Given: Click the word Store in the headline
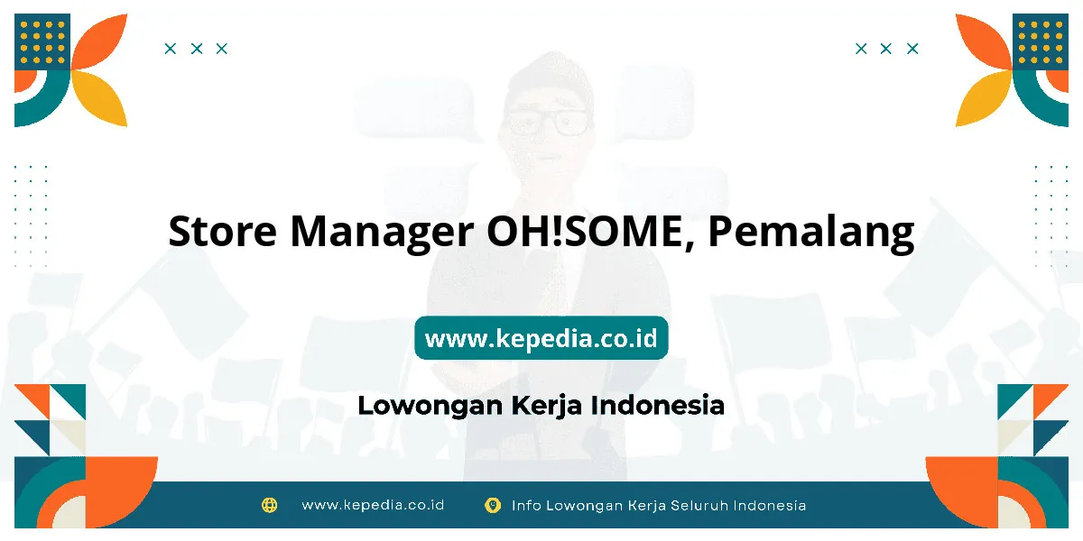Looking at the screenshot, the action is (x=222, y=231).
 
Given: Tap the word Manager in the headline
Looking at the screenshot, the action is (x=382, y=234).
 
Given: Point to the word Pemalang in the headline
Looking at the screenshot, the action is (x=810, y=234).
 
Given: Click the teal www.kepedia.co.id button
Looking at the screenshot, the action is (x=541, y=337).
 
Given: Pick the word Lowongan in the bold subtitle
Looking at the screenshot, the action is (x=430, y=406).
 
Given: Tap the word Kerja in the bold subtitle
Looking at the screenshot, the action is (x=546, y=406).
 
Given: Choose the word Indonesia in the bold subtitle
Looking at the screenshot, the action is (x=658, y=405).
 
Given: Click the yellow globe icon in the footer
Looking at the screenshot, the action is (x=269, y=505).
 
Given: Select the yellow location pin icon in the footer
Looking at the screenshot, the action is (x=492, y=505).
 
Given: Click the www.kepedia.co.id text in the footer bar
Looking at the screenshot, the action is (x=373, y=505).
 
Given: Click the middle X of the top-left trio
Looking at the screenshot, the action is (x=197, y=49).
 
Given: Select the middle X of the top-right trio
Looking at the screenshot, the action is (x=885, y=49).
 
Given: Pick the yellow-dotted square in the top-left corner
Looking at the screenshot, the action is (x=42, y=41).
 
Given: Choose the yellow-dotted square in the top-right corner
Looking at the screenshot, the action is (x=1041, y=41).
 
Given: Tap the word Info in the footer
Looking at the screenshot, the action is (x=526, y=505).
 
